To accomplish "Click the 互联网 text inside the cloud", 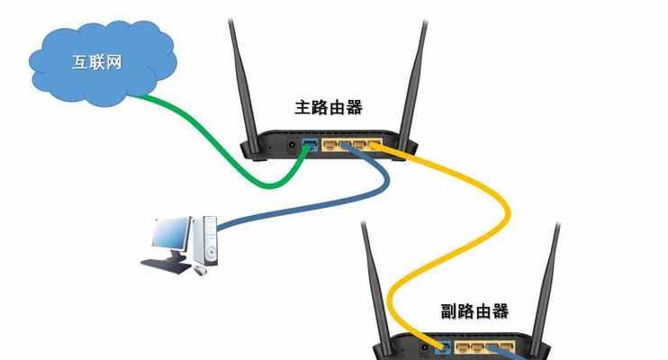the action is click(96, 62).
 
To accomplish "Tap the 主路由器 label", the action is click(329, 107).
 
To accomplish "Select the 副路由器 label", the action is click(474, 311).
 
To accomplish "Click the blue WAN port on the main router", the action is click(310, 144).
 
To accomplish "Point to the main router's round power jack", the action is click(293, 145).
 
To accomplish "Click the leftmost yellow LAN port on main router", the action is click(329, 145).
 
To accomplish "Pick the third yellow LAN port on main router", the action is click(359, 145).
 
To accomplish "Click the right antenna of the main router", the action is click(413, 85).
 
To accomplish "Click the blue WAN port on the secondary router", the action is click(443, 347).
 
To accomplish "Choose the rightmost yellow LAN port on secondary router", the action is click(507, 347).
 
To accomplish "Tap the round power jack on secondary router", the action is click(425, 348).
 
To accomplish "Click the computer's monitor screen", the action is click(170, 232).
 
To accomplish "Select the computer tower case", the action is click(205, 240).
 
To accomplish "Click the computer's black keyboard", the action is click(166, 266).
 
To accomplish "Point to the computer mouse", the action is click(201, 270).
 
